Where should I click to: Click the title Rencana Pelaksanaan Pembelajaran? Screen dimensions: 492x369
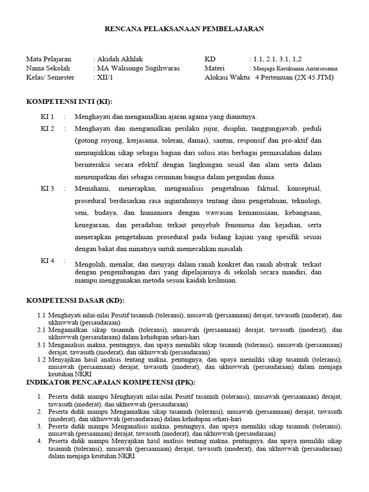pos(184,29)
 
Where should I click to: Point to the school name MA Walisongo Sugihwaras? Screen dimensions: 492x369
pos(138,68)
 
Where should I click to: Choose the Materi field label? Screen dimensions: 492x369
pos(214,68)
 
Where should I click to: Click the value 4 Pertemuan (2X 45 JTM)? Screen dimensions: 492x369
pos(295,77)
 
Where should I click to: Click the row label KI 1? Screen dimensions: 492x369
pos(47,117)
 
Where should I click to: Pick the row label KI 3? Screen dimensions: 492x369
pos(47,188)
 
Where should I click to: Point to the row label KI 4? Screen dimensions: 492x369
pos(47,260)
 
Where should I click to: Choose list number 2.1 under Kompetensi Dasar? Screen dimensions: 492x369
pos(41,330)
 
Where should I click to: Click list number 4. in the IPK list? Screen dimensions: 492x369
pos(39,441)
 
